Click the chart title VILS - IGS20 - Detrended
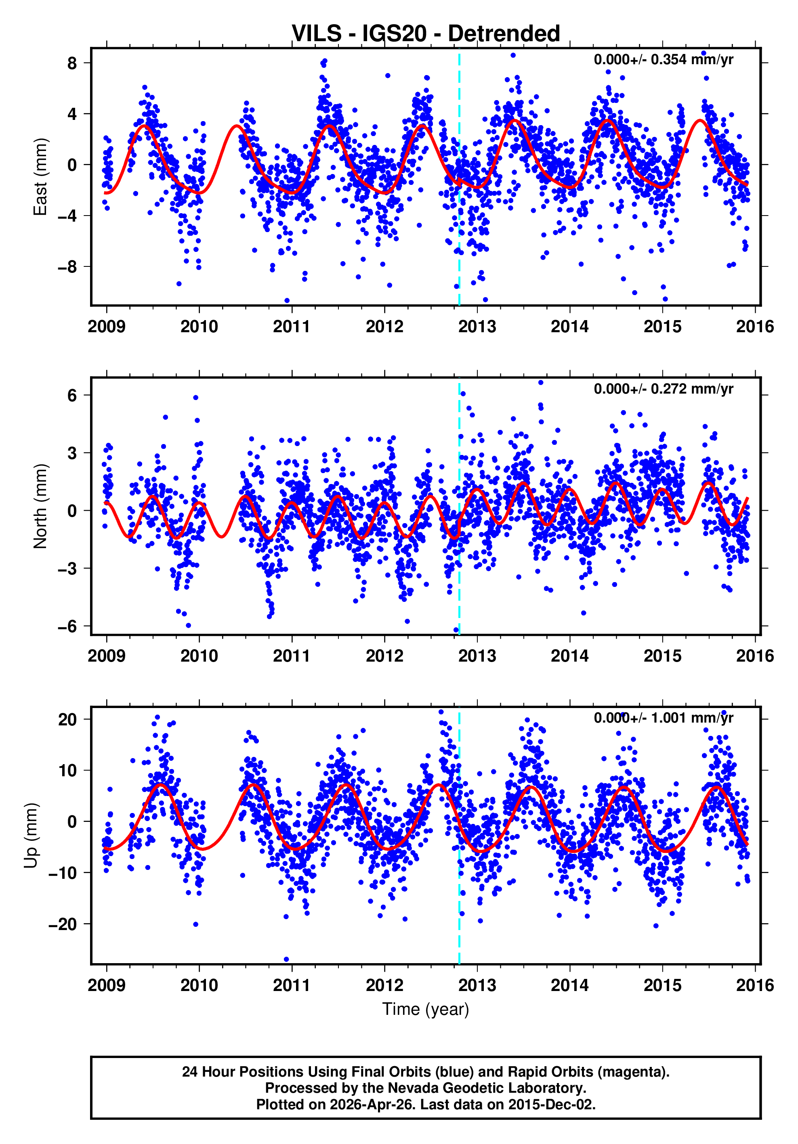[425, 34]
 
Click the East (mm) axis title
[40, 177]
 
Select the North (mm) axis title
[40, 506]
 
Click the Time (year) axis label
[425, 1009]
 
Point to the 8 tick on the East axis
[72, 63]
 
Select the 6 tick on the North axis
[72, 395]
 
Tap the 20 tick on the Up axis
[67, 719]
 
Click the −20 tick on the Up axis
[62, 924]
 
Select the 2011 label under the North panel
[292, 656]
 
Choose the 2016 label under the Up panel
[755, 985]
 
